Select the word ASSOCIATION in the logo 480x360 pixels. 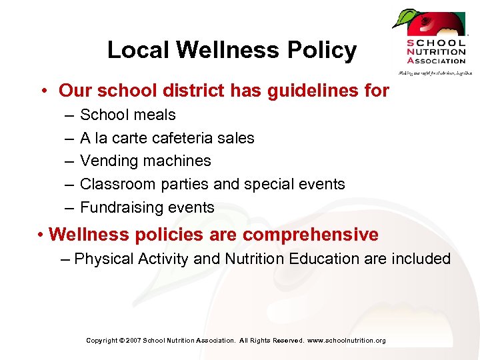coord(436,61)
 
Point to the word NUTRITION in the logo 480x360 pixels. coord(436,51)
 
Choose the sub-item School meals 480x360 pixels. coord(127,115)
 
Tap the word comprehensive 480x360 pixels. coord(311,235)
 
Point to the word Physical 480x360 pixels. coord(103,259)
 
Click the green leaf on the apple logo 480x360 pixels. coord(403,18)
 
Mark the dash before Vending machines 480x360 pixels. coord(70,161)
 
